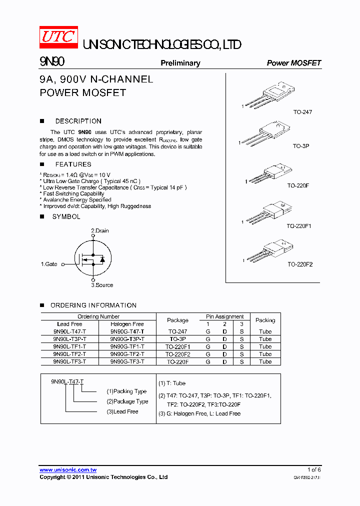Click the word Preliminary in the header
(180, 63)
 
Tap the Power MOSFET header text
(293, 63)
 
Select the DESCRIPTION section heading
(78, 121)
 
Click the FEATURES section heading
(73, 164)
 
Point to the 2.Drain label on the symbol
(99, 230)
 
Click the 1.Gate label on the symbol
(49, 264)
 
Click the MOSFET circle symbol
(92, 258)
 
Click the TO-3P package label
(301, 146)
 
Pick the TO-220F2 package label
(299, 264)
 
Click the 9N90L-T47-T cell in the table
(69, 331)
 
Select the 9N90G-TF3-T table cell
(127, 361)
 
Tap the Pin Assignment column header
(224, 316)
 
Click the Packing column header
(265, 320)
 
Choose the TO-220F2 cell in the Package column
(177, 354)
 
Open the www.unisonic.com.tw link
(68, 470)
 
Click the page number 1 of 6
(313, 469)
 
